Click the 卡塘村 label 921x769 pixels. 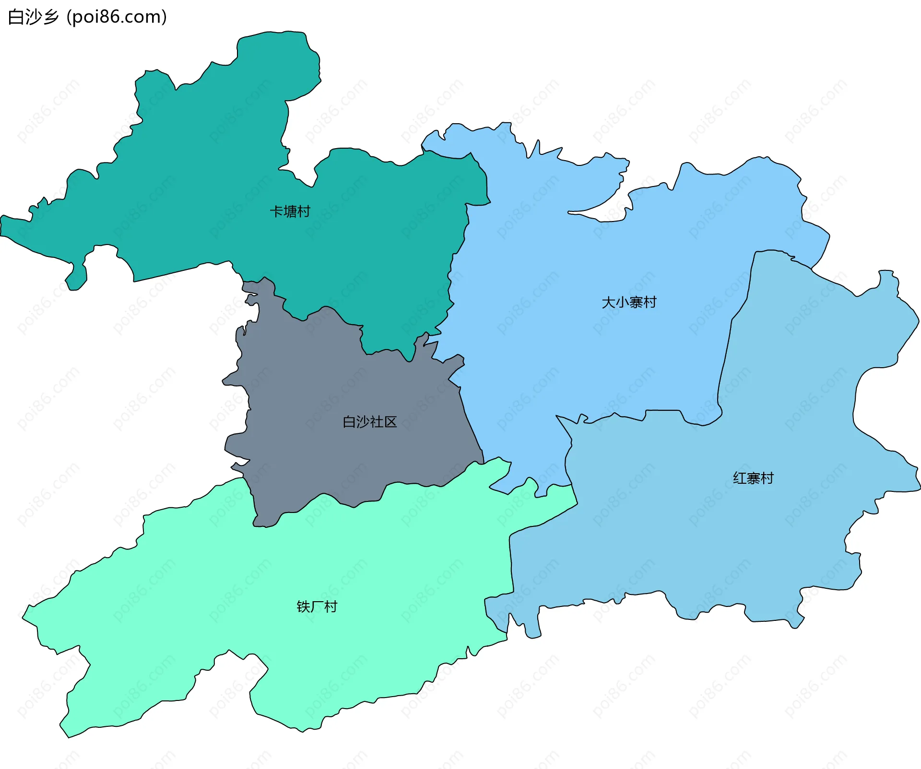[290, 211]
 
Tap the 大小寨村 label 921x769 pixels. [629, 303]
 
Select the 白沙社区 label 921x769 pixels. [369, 422]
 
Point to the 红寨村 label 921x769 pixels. [753, 478]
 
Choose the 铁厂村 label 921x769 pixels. [317, 607]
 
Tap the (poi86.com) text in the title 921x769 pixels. [117, 17]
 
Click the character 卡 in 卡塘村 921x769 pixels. [276, 211]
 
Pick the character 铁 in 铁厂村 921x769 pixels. [303, 607]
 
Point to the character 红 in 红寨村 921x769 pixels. [740, 478]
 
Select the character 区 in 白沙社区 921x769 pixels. [390, 422]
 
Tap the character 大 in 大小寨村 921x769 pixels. [608, 303]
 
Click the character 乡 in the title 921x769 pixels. [50, 17]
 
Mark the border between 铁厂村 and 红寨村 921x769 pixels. [510, 566]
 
